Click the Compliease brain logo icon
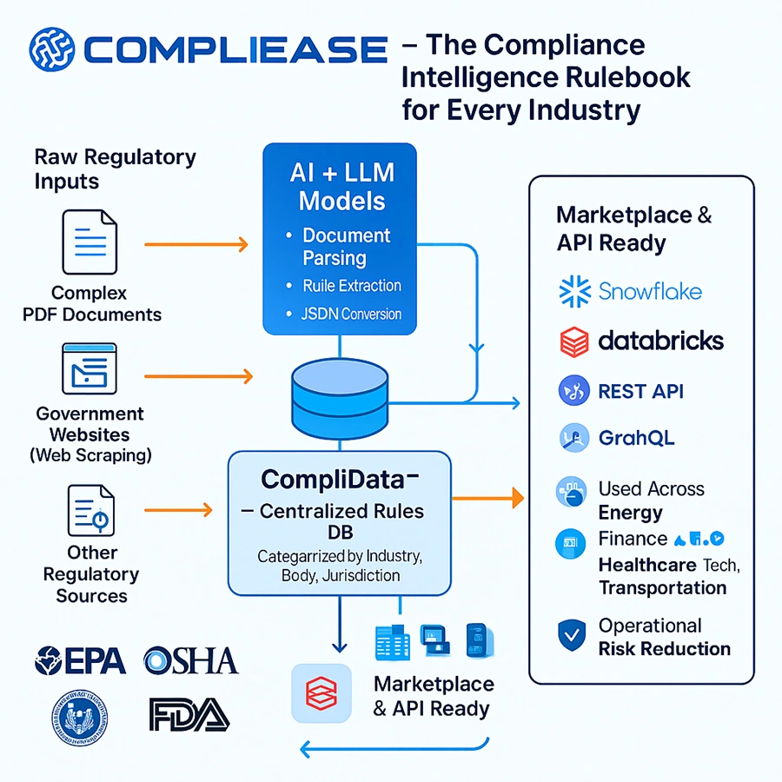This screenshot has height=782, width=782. pos(51,49)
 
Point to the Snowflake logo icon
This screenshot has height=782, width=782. pos(573,289)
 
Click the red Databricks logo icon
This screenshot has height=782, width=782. pos(573,341)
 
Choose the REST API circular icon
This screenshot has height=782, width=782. pos(573,392)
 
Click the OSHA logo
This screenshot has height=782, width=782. pos(190,660)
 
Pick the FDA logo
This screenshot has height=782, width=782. pos(189,713)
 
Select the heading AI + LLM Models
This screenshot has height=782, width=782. pos(341,186)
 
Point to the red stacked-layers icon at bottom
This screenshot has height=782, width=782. pos(321,693)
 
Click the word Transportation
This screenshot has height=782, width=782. pos(662,588)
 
